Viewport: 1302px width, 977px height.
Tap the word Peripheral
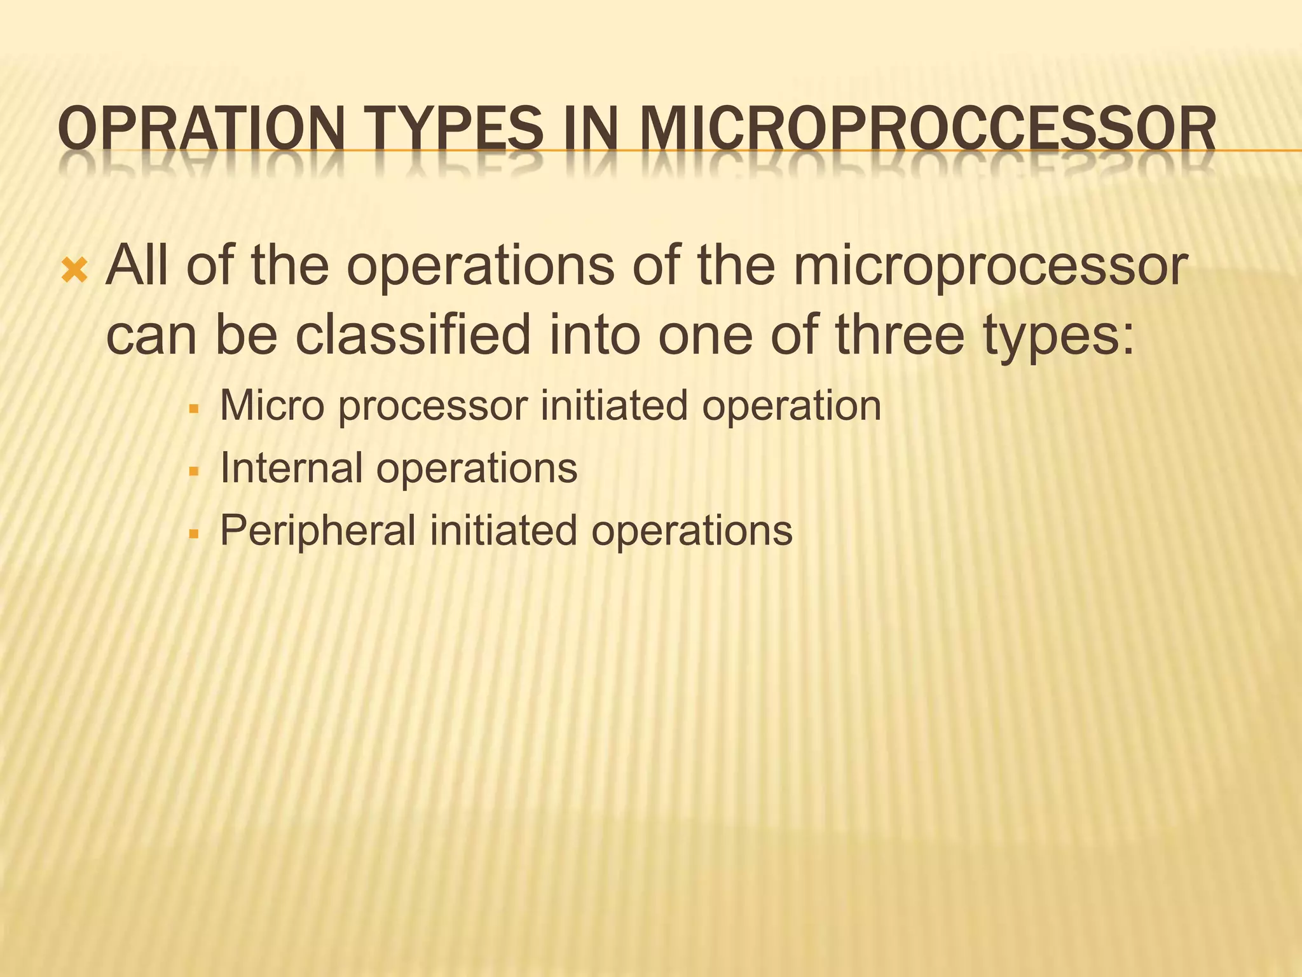pos(318,531)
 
